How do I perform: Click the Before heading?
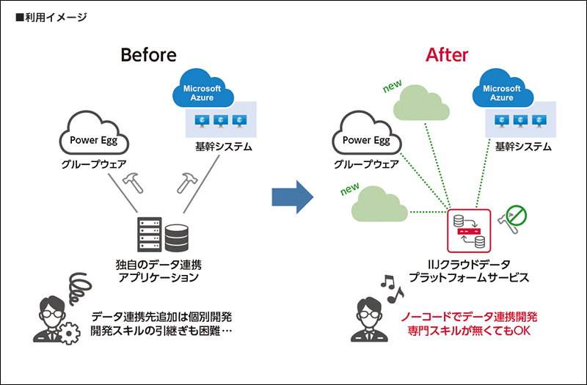tap(148, 56)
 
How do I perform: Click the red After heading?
tap(447, 56)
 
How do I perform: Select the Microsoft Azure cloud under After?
tap(502, 92)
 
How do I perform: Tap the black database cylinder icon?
tap(177, 237)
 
